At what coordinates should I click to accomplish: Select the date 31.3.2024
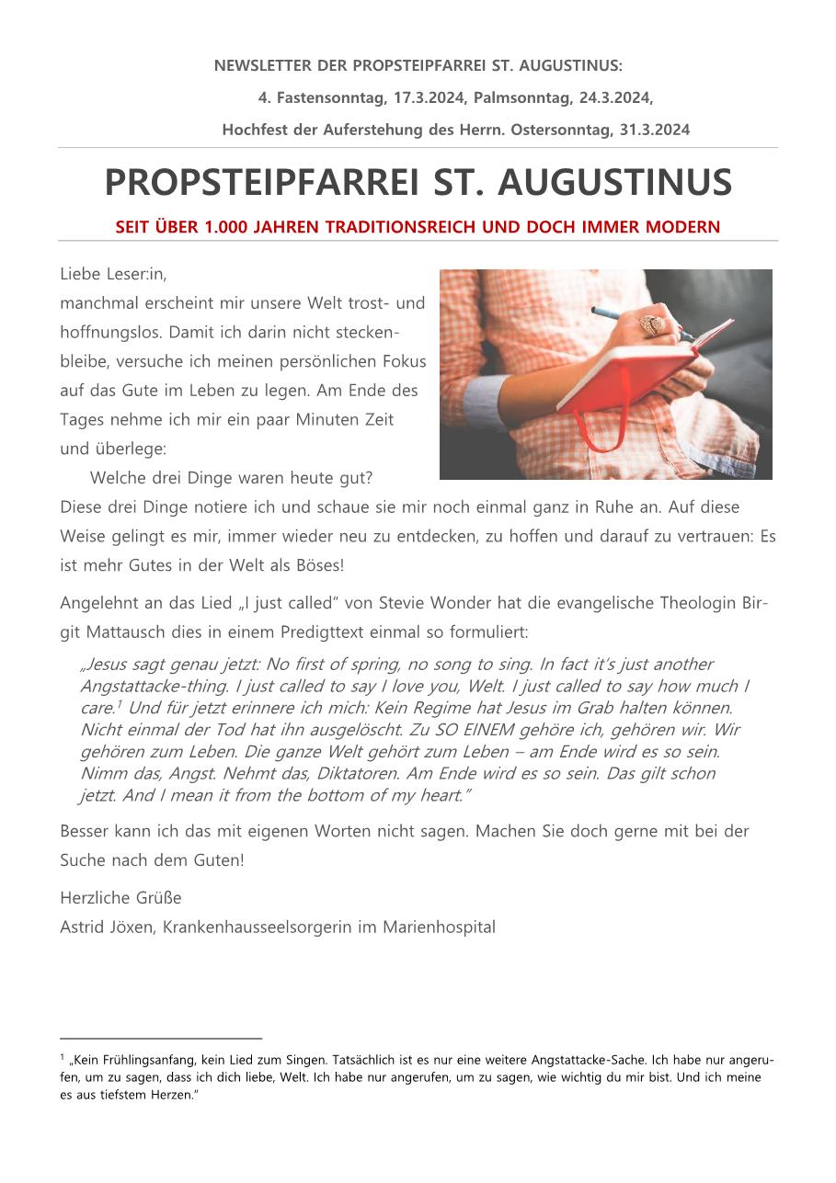[x=654, y=131]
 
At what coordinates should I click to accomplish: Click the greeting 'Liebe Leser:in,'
[x=113, y=274]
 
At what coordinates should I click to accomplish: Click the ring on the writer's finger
[x=651, y=324]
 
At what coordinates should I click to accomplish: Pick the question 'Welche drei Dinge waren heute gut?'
[x=231, y=479]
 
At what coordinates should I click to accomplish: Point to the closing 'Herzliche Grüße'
[x=120, y=898]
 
